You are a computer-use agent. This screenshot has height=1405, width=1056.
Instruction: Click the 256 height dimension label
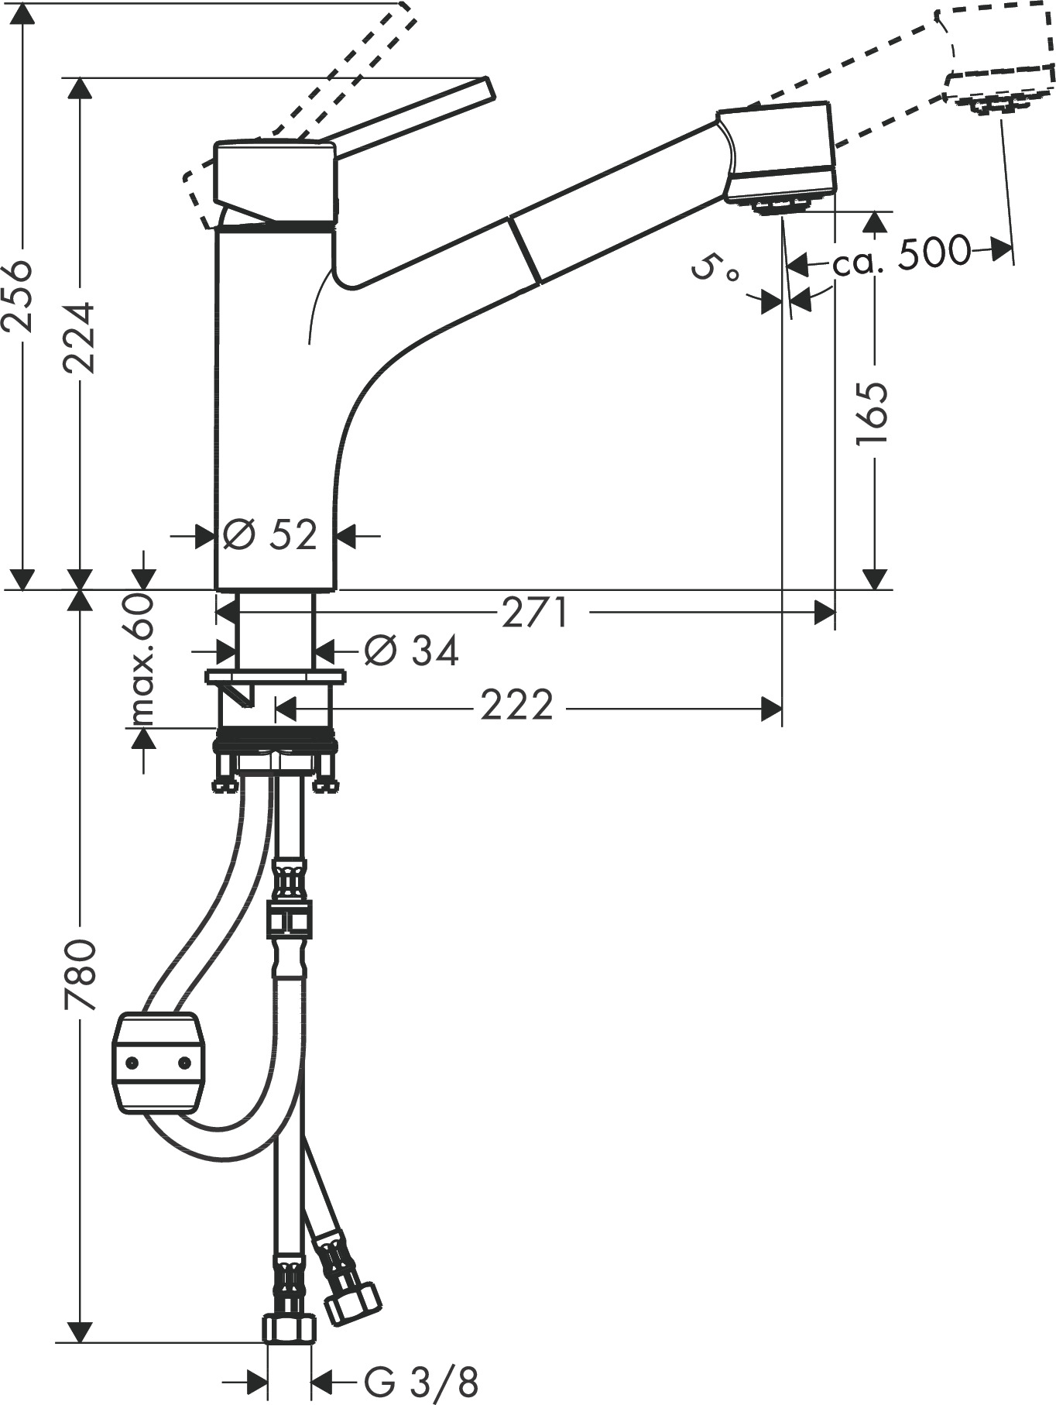tap(17, 297)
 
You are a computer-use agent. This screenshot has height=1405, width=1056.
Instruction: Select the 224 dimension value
tap(78, 337)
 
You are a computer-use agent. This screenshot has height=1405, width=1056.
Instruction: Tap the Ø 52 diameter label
tap(270, 534)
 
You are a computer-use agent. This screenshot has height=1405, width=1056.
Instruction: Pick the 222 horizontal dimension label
tap(516, 706)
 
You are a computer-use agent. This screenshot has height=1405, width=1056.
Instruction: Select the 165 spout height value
tap(873, 413)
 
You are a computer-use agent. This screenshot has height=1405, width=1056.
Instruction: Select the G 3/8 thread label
tap(421, 1380)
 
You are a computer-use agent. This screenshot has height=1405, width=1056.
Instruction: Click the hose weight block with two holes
tap(159, 1063)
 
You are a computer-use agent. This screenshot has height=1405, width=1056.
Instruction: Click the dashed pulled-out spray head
tap(995, 58)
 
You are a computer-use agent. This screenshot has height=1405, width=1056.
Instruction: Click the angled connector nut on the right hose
tap(351, 1302)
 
